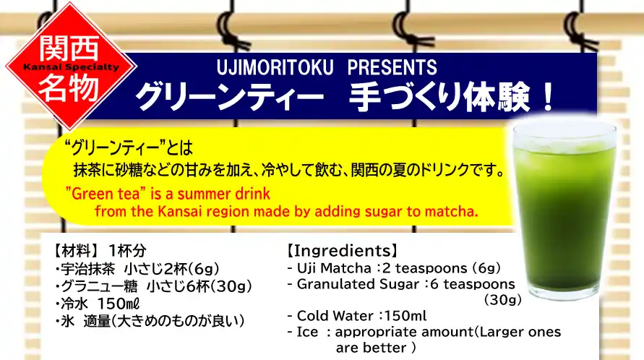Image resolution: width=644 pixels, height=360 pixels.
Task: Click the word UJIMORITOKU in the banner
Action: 275,67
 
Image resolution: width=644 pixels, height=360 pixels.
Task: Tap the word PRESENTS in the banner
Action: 392,67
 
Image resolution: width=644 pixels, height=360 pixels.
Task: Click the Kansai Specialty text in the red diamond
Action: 71,67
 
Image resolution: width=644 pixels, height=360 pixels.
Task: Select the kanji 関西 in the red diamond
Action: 69,48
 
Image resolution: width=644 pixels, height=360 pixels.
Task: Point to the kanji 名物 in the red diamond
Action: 69,87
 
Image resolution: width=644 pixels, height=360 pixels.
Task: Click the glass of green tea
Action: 564,209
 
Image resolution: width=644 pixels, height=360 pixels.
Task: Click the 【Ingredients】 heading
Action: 342,250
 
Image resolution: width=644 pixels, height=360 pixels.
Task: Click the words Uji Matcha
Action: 334,268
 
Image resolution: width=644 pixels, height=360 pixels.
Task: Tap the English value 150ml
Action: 404,316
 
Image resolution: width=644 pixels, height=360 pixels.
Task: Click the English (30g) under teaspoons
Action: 503,299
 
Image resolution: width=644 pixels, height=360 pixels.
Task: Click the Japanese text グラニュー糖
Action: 99,286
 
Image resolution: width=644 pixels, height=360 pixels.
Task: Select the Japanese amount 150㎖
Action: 119,304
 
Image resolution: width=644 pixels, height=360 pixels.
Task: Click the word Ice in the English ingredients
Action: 308,332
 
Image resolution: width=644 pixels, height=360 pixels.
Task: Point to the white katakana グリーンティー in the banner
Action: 230,97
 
